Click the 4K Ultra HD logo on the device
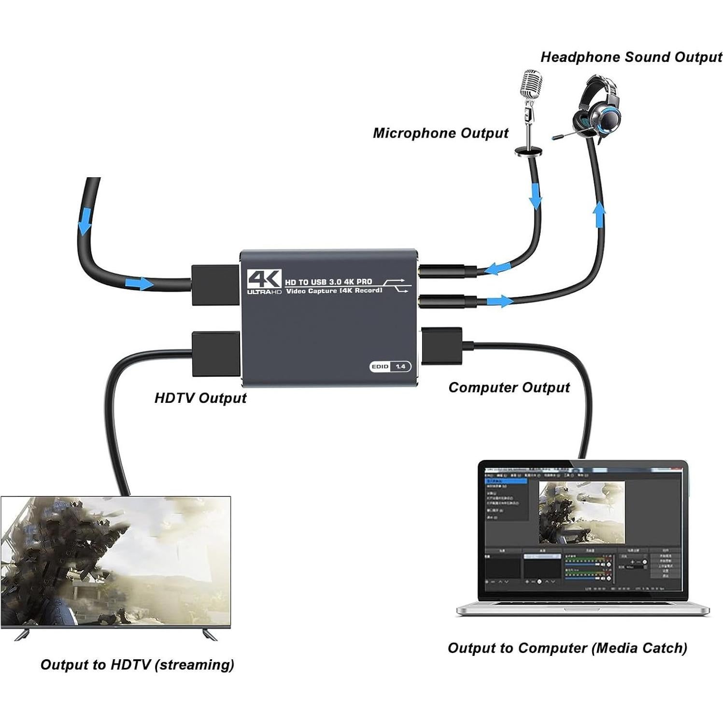264,282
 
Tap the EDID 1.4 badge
390,367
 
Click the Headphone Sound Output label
631,57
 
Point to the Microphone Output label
440,133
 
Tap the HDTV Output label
200,398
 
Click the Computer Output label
509,387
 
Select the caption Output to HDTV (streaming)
137,665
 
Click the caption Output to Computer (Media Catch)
567,648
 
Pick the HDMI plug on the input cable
215,285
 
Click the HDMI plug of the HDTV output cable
215,354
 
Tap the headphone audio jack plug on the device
448,302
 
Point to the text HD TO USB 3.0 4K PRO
328,282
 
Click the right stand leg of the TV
210,634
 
